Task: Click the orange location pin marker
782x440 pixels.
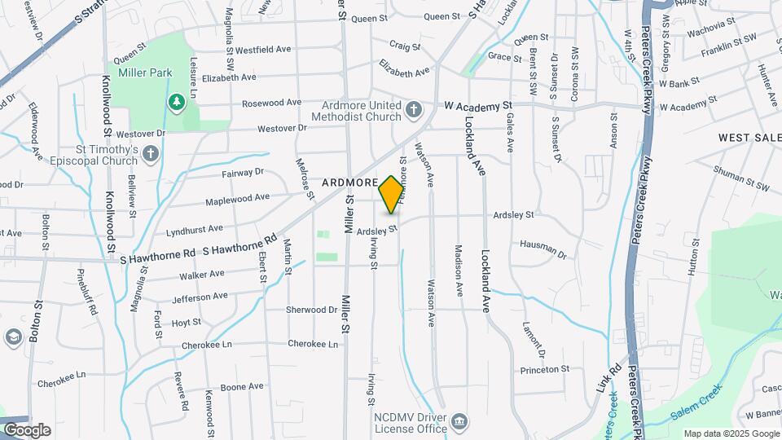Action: (x=391, y=194)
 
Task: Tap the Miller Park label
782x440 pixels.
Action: (x=145, y=73)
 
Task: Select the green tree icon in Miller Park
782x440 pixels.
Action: (x=174, y=101)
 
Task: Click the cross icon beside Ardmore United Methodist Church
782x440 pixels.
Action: (x=414, y=109)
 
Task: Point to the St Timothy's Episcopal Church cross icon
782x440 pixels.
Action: (x=150, y=154)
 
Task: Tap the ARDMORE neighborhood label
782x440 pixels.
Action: (x=349, y=183)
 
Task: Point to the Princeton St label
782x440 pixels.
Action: (x=545, y=369)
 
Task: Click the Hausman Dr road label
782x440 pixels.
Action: (x=543, y=247)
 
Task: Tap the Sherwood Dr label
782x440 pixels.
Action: (x=311, y=310)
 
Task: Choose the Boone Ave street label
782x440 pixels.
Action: (x=243, y=386)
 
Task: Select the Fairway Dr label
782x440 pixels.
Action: (x=243, y=173)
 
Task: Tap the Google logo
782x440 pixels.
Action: (x=26, y=430)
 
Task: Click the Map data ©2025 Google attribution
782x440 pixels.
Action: (x=731, y=433)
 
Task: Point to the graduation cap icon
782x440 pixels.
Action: (x=13, y=337)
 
